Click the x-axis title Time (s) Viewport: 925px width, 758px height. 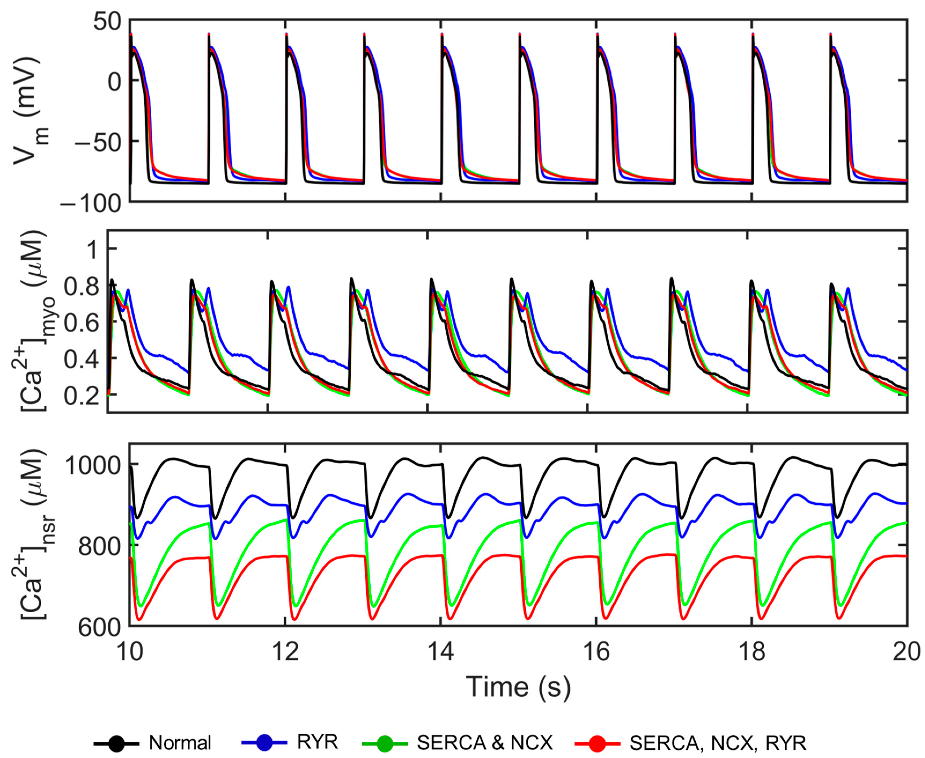(518, 687)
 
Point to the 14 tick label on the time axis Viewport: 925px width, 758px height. (441, 652)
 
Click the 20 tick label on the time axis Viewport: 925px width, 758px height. (907, 652)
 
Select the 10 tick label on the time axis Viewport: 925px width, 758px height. (130, 652)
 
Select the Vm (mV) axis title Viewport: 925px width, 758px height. (31, 111)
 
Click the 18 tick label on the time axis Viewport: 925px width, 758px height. (752, 652)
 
